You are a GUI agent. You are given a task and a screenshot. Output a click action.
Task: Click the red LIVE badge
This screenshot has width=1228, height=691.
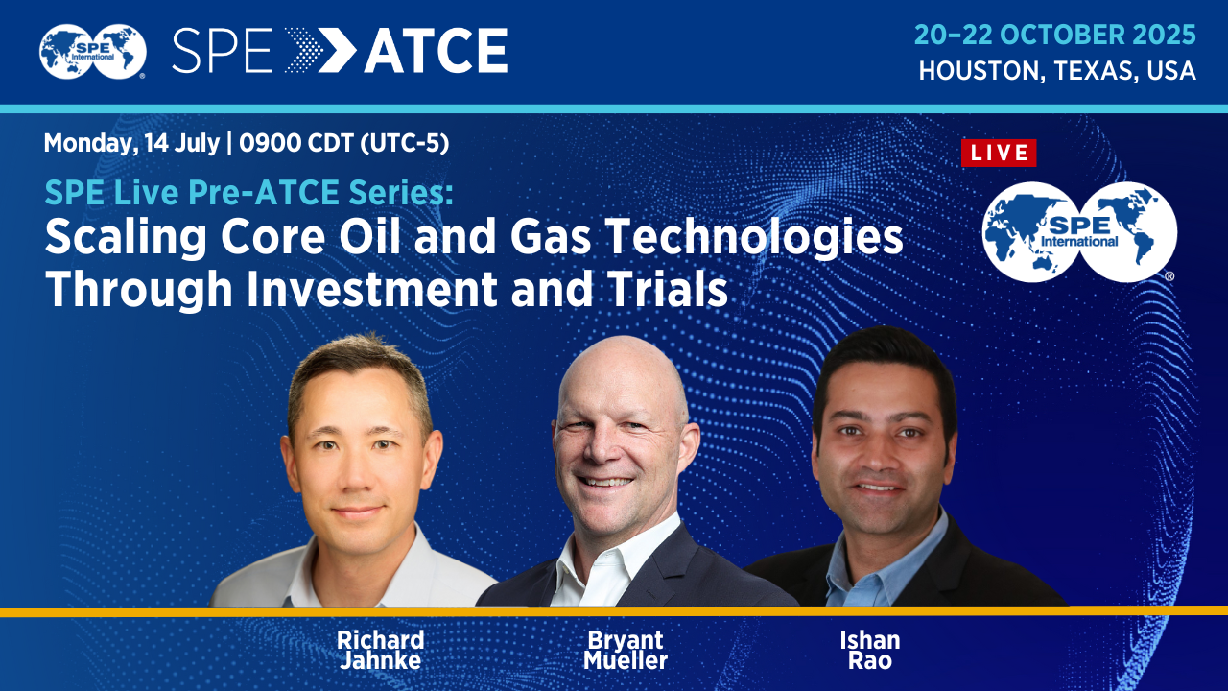click(x=999, y=153)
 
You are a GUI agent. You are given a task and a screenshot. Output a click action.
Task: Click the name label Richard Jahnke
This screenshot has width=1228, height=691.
click(x=380, y=650)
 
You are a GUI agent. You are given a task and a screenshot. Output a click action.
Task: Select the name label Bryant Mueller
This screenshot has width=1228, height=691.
click(x=625, y=650)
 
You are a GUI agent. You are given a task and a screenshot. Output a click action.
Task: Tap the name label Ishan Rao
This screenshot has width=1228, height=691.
click(x=869, y=650)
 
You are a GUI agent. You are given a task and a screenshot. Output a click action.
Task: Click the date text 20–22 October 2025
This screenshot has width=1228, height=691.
click(x=1055, y=36)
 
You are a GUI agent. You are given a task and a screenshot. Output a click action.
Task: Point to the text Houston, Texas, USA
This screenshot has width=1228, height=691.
click(x=1057, y=71)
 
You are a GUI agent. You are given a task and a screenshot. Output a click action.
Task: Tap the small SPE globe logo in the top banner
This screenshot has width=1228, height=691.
click(x=92, y=51)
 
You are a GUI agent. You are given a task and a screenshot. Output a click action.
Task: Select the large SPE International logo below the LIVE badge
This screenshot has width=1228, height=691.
click(x=1078, y=231)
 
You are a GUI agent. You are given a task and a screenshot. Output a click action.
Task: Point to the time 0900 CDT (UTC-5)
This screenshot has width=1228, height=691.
click(x=344, y=144)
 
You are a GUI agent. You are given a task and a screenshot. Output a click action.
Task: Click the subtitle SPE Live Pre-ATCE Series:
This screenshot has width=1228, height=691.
click(x=248, y=193)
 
